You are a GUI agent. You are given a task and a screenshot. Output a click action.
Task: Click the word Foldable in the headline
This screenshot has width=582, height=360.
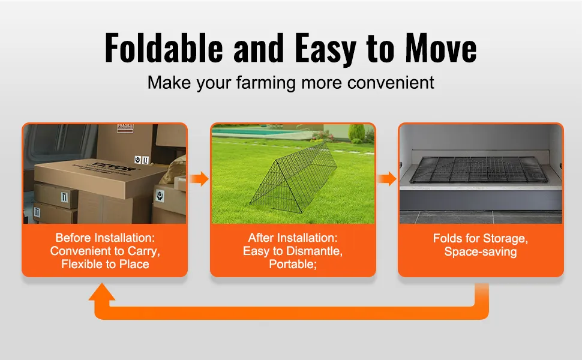(164, 47)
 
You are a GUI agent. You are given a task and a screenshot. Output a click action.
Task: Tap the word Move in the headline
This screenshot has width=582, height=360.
(441, 47)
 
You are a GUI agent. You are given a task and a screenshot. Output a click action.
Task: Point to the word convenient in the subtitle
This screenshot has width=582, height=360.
(391, 82)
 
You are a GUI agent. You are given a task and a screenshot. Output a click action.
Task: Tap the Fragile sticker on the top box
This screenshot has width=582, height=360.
(125, 128)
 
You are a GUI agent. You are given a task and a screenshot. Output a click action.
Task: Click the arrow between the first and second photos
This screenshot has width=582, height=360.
(199, 179)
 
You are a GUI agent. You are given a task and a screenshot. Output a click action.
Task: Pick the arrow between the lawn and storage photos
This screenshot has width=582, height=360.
(387, 179)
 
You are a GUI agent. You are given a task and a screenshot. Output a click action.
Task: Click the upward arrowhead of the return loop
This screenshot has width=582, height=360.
(102, 292)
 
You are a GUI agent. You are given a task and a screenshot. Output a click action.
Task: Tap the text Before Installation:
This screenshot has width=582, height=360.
(105, 238)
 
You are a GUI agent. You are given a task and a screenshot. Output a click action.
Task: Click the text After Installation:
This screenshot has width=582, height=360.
(293, 238)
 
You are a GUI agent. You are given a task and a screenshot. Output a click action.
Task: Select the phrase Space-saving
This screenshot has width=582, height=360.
(481, 251)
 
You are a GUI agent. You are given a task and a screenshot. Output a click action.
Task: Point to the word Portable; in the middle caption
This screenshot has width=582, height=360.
(293, 264)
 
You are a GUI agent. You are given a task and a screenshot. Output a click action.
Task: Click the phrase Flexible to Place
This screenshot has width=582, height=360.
(105, 264)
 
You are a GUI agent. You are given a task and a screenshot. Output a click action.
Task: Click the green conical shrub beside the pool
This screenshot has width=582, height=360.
(356, 132)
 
